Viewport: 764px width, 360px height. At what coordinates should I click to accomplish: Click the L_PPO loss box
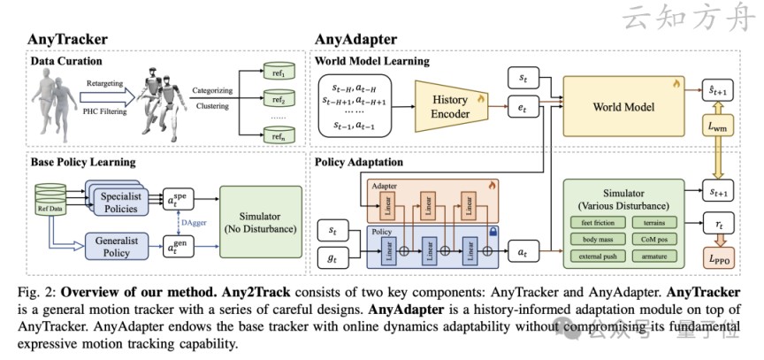(721, 259)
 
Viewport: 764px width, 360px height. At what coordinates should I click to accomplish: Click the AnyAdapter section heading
(356, 40)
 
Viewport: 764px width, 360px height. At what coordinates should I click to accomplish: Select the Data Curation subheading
(66, 62)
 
